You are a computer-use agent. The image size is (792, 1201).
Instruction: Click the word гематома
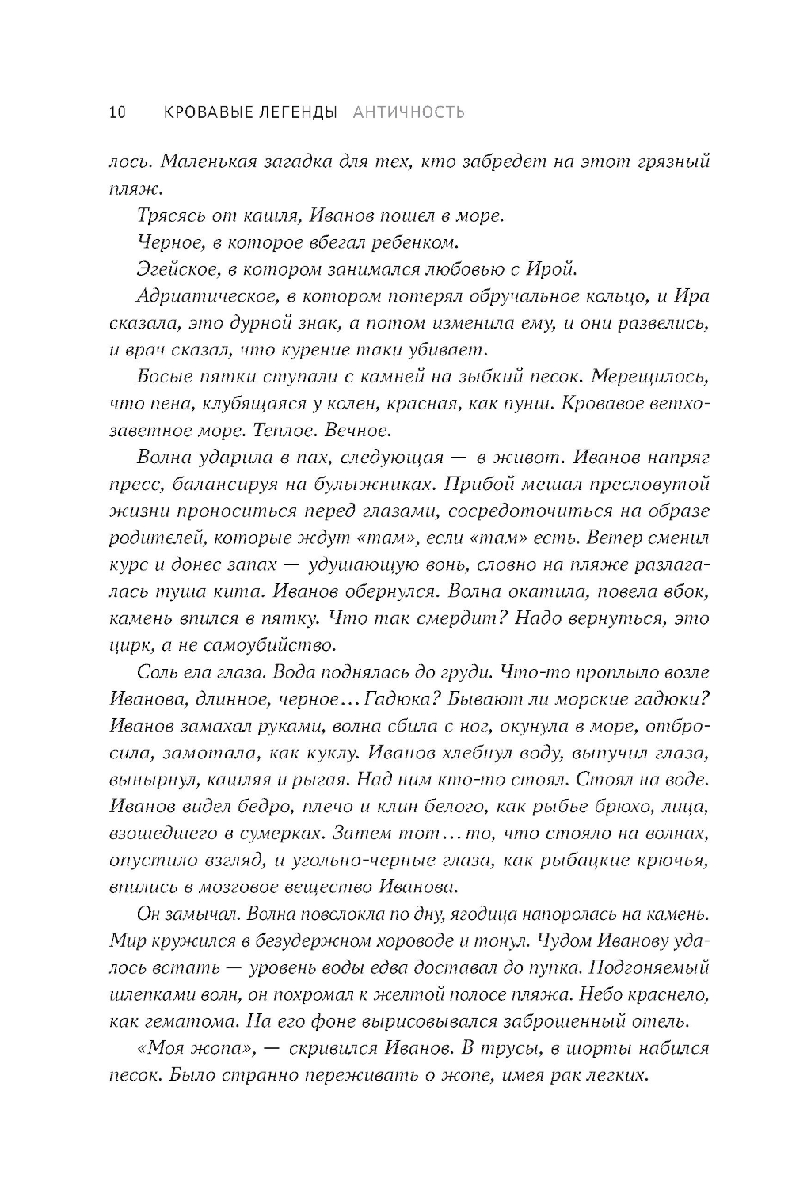point(179,1022)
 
